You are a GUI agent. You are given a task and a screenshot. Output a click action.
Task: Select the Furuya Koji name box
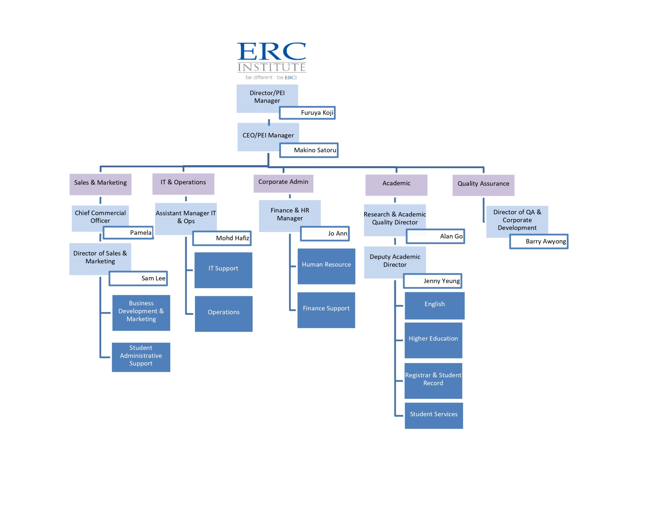tap(307, 113)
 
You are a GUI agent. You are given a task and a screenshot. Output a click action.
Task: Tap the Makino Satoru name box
tap(309, 150)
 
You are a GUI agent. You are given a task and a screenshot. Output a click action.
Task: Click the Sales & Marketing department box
tap(100, 184)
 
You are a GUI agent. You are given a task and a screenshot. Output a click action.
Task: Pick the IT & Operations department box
tap(183, 184)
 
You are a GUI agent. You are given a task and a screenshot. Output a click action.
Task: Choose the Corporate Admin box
tap(283, 183)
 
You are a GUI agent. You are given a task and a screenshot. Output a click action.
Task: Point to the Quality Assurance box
tap(483, 185)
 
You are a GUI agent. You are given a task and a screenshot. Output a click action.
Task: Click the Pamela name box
tap(128, 233)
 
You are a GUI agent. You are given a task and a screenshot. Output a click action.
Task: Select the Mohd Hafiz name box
tap(222, 238)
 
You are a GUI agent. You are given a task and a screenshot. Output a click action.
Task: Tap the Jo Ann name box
tap(325, 233)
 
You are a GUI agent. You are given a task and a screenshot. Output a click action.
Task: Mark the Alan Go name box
tap(435, 236)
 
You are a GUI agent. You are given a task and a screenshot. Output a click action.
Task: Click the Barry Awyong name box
tap(539, 242)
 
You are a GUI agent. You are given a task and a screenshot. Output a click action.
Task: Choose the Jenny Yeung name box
tap(433, 281)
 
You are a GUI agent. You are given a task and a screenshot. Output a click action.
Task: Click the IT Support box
tap(223, 270)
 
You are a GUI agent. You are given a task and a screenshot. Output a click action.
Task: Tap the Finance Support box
tap(326, 310)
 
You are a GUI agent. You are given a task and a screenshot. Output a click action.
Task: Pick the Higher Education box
tap(433, 340)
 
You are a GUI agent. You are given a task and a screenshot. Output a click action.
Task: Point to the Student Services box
tap(433, 416)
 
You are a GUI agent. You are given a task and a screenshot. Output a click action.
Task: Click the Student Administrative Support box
tap(141, 357)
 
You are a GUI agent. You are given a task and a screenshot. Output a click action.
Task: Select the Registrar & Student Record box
tap(433, 381)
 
